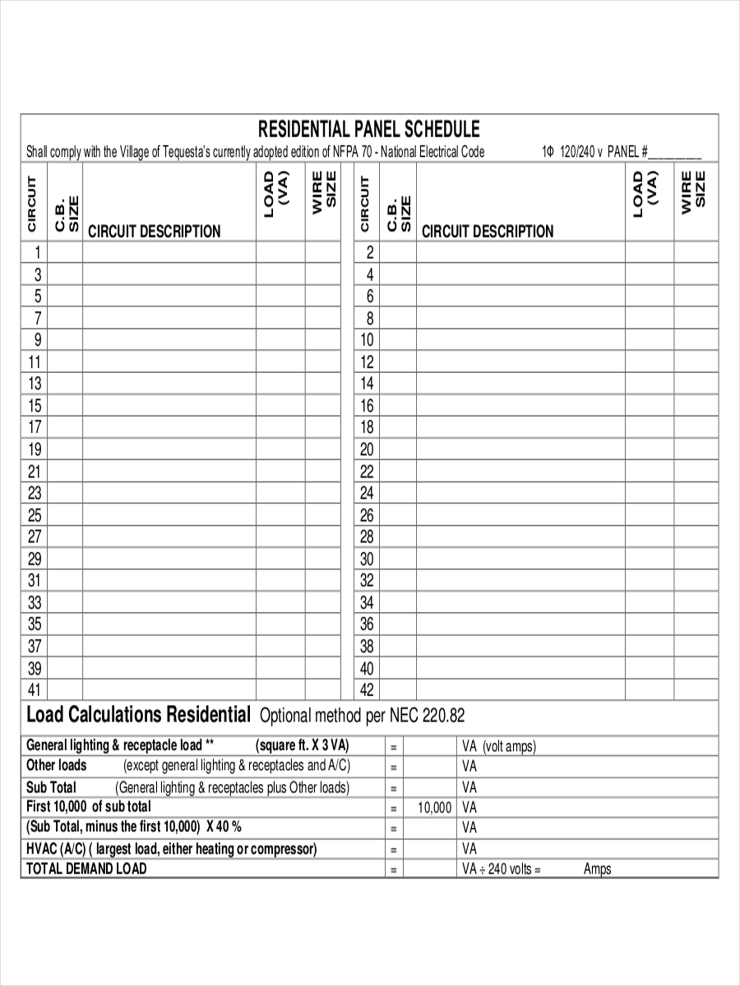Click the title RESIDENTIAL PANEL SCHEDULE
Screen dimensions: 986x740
pyautogui.click(x=369, y=129)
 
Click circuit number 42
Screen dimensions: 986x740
pyautogui.click(x=367, y=689)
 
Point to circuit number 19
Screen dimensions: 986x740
pyautogui.click(x=35, y=449)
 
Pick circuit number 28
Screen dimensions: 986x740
pyautogui.click(x=367, y=537)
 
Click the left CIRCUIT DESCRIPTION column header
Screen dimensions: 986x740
pyautogui.click(x=155, y=232)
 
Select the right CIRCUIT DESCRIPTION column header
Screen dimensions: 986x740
pyautogui.click(x=488, y=232)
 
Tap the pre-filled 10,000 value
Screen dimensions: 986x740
pyautogui.click(x=434, y=808)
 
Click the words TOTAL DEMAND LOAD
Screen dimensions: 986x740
pyautogui.click(x=86, y=869)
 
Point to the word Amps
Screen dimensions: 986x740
pyautogui.click(x=598, y=869)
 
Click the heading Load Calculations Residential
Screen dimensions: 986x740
pyautogui.click(x=138, y=714)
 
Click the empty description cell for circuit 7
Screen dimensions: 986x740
pyautogui.click(x=169, y=318)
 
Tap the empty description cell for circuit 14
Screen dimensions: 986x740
pyautogui.click(x=520, y=384)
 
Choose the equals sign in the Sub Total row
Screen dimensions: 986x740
pyautogui.click(x=394, y=788)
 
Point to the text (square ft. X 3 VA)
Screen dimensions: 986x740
pyautogui.click(x=303, y=746)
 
